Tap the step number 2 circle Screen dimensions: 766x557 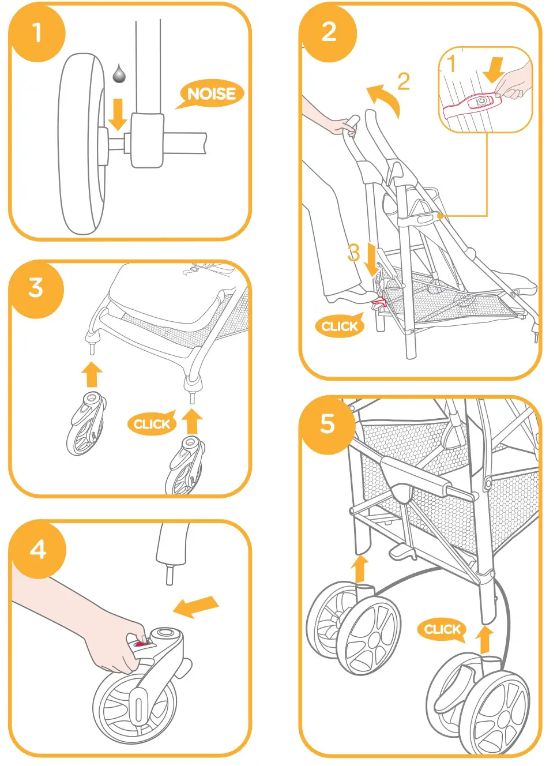click(x=329, y=32)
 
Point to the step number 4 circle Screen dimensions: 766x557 click(x=38, y=550)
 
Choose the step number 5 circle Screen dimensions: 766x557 click(x=328, y=425)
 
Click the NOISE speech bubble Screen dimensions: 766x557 click(x=211, y=94)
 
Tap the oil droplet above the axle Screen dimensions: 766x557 click(x=119, y=73)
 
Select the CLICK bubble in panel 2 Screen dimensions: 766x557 click(x=340, y=326)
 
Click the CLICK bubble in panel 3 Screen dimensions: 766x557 click(x=152, y=424)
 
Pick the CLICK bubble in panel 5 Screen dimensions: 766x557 click(x=442, y=629)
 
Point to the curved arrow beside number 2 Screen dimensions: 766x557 click(x=383, y=98)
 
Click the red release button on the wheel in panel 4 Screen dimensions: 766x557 click(x=141, y=643)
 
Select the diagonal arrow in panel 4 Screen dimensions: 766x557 click(x=195, y=607)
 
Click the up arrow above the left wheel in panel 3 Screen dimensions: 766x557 click(x=92, y=374)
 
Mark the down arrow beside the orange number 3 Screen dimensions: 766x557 click(x=371, y=260)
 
